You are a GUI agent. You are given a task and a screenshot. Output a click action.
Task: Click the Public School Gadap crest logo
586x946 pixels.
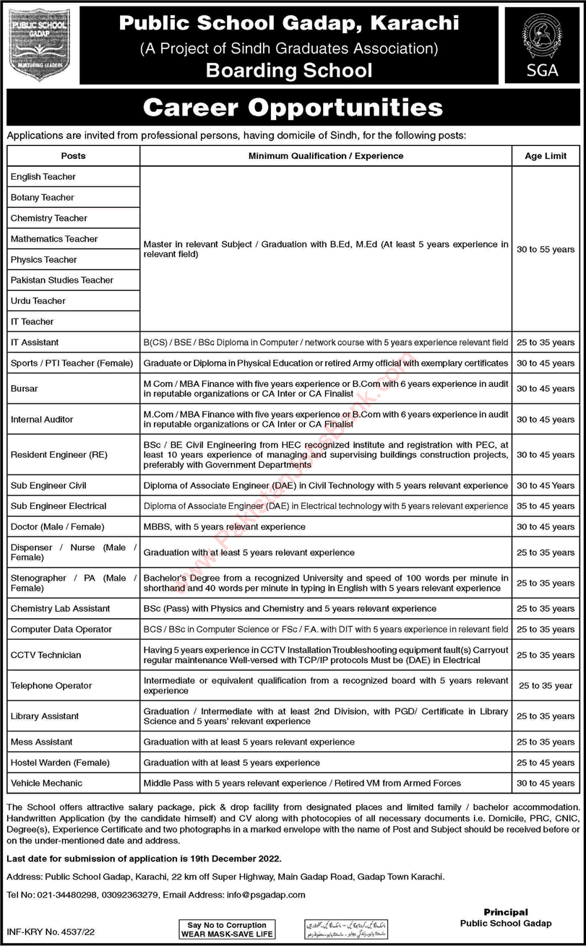tap(40, 44)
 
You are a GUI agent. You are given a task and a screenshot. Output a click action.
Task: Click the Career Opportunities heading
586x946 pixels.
tap(293, 108)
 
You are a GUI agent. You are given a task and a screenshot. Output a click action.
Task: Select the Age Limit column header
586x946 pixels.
tap(546, 156)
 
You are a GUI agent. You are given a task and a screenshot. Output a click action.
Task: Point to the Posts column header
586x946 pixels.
tap(73, 156)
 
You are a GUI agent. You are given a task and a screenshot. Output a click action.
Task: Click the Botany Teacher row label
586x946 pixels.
tap(43, 197)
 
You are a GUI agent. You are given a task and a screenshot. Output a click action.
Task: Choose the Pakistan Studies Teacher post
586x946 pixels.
tap(62, 280)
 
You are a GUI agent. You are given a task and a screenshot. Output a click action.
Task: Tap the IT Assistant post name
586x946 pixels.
tap(35, 342)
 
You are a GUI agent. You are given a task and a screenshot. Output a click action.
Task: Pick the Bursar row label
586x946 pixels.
tap(25, 389)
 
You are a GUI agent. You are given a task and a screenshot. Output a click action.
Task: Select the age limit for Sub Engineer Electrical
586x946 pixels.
tap(546, 506)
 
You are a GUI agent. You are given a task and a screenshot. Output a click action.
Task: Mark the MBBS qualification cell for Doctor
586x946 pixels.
tap(225, 526)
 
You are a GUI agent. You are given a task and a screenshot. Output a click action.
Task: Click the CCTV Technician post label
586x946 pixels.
tap(46, 655)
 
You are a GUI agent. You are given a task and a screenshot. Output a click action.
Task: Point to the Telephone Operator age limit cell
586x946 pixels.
tap(546, 685)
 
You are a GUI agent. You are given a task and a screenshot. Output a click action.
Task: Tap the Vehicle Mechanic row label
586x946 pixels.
tap(46, 783)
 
